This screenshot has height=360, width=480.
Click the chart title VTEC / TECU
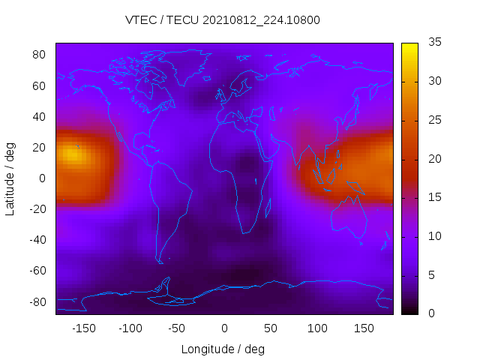(x=223, y=20)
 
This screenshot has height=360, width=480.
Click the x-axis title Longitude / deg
(x=223, y=349)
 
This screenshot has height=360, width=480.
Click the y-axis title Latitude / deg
(x=10, y=178)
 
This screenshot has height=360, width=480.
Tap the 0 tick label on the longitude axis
(x=223, y=328)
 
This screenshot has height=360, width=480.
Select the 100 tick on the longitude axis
(x=317, y=328)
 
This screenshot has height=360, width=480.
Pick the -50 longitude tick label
(x=177, y=328)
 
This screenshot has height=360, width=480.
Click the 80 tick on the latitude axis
(x=40, y=55)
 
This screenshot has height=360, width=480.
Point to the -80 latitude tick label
(x=37, y=301)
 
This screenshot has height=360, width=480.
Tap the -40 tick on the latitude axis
(x=37, y=240)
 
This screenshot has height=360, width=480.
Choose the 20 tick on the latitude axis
(x=40, y=148)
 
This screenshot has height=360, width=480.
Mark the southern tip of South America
(x=160, y=261)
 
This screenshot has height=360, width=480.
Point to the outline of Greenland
(x=184, y=64)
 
